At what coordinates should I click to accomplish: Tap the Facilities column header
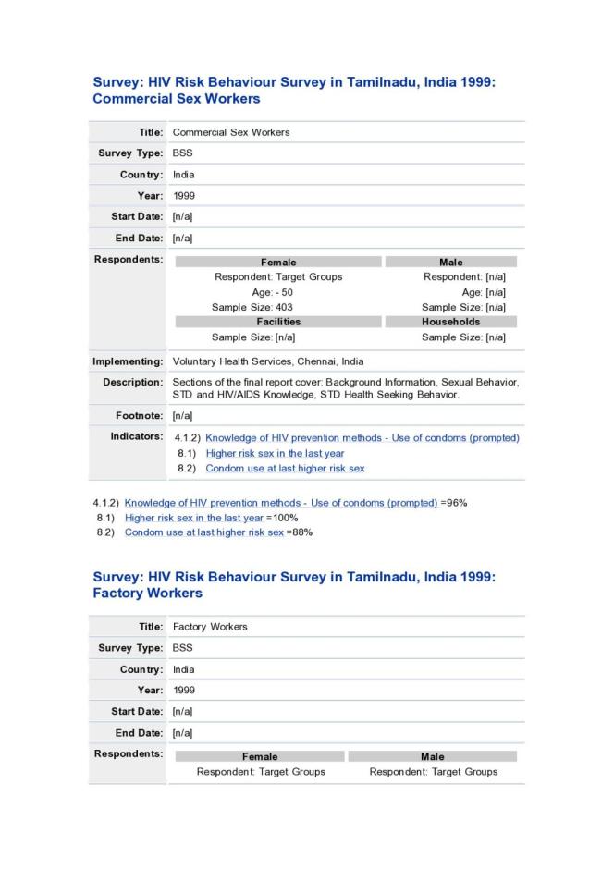pos(278,322)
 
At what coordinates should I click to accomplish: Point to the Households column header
pos(450,322)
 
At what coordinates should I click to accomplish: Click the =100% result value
pos(278,518)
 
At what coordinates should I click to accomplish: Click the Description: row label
pos(132,382)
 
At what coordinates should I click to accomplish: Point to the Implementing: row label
pos(128,361)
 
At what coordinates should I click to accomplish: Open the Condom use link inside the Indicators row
pos(285,468)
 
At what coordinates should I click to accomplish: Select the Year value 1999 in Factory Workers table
pos(184,691)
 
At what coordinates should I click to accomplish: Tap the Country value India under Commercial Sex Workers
pos(183,175)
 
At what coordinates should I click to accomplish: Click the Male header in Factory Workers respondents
pos(432,756)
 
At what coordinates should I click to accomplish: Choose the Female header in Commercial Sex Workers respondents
pos(278,263)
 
